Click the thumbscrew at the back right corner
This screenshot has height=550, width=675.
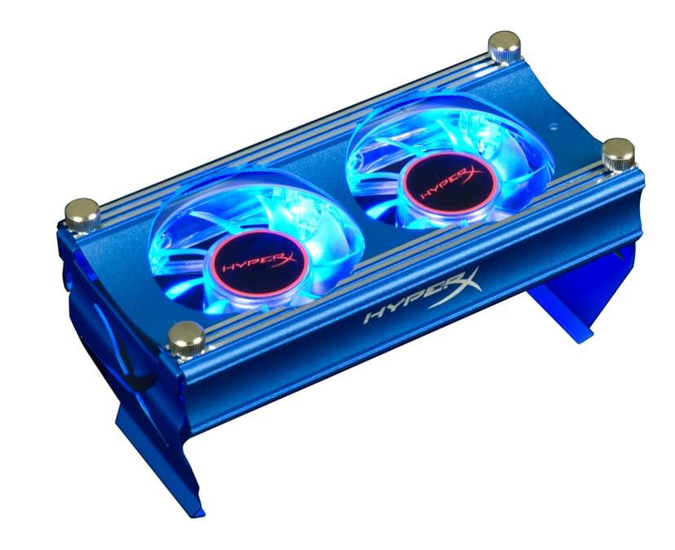(504, 47)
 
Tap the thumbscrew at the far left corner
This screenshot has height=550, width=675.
(82, 215)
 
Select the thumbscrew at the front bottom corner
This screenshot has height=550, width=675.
(186, 339)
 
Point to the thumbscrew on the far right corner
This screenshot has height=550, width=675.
(619, 155)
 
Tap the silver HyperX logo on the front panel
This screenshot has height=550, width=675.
(422, 296)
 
